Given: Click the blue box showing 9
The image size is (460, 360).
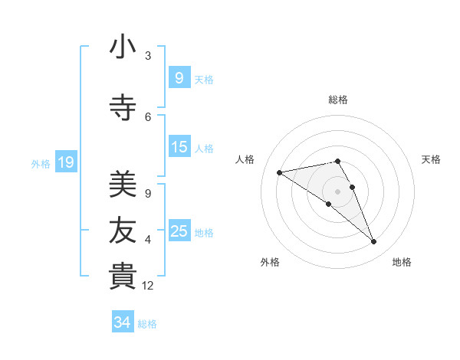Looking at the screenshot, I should [x=179, y=77].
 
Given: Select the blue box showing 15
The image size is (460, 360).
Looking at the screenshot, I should [x=179, y=147].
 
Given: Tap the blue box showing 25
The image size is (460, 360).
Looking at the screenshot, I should [x=179, y=231].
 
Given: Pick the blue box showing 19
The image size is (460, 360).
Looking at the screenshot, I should [x=65, y=162].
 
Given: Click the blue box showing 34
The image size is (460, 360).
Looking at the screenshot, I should [x=122, y=322].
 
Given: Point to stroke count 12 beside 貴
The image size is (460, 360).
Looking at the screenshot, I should [x=149, y=286].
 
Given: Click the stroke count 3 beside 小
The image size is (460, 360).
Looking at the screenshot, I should [x=148, y=56].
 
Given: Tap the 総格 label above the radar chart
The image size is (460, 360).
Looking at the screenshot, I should [x=338, y=100].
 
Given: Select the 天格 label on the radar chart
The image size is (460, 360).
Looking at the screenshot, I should [x=432, y=159].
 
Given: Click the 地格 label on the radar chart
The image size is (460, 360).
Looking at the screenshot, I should [x=402, y=262].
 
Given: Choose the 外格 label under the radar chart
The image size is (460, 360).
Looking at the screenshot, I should [x=270, y=262].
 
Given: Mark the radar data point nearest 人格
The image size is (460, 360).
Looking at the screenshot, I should [x=279, y=172].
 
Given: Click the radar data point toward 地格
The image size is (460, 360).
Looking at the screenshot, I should [x=374, y=242].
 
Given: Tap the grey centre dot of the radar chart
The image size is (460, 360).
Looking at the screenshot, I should [x=338, y=191].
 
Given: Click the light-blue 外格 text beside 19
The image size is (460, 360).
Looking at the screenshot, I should [x=40, y=163].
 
